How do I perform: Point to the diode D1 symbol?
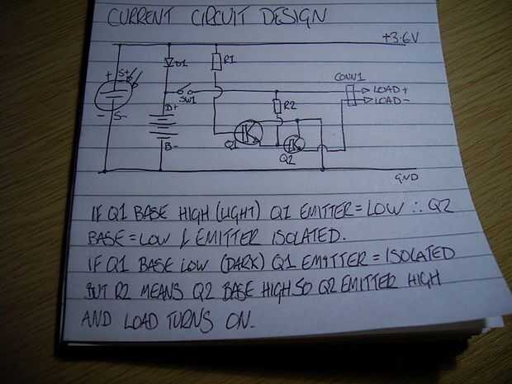(169, 63)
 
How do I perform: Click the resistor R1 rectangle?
(216, 62)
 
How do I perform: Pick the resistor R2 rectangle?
(277, 107)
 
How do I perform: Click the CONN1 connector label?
(349, 76)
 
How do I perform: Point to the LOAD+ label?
(391, 88)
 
